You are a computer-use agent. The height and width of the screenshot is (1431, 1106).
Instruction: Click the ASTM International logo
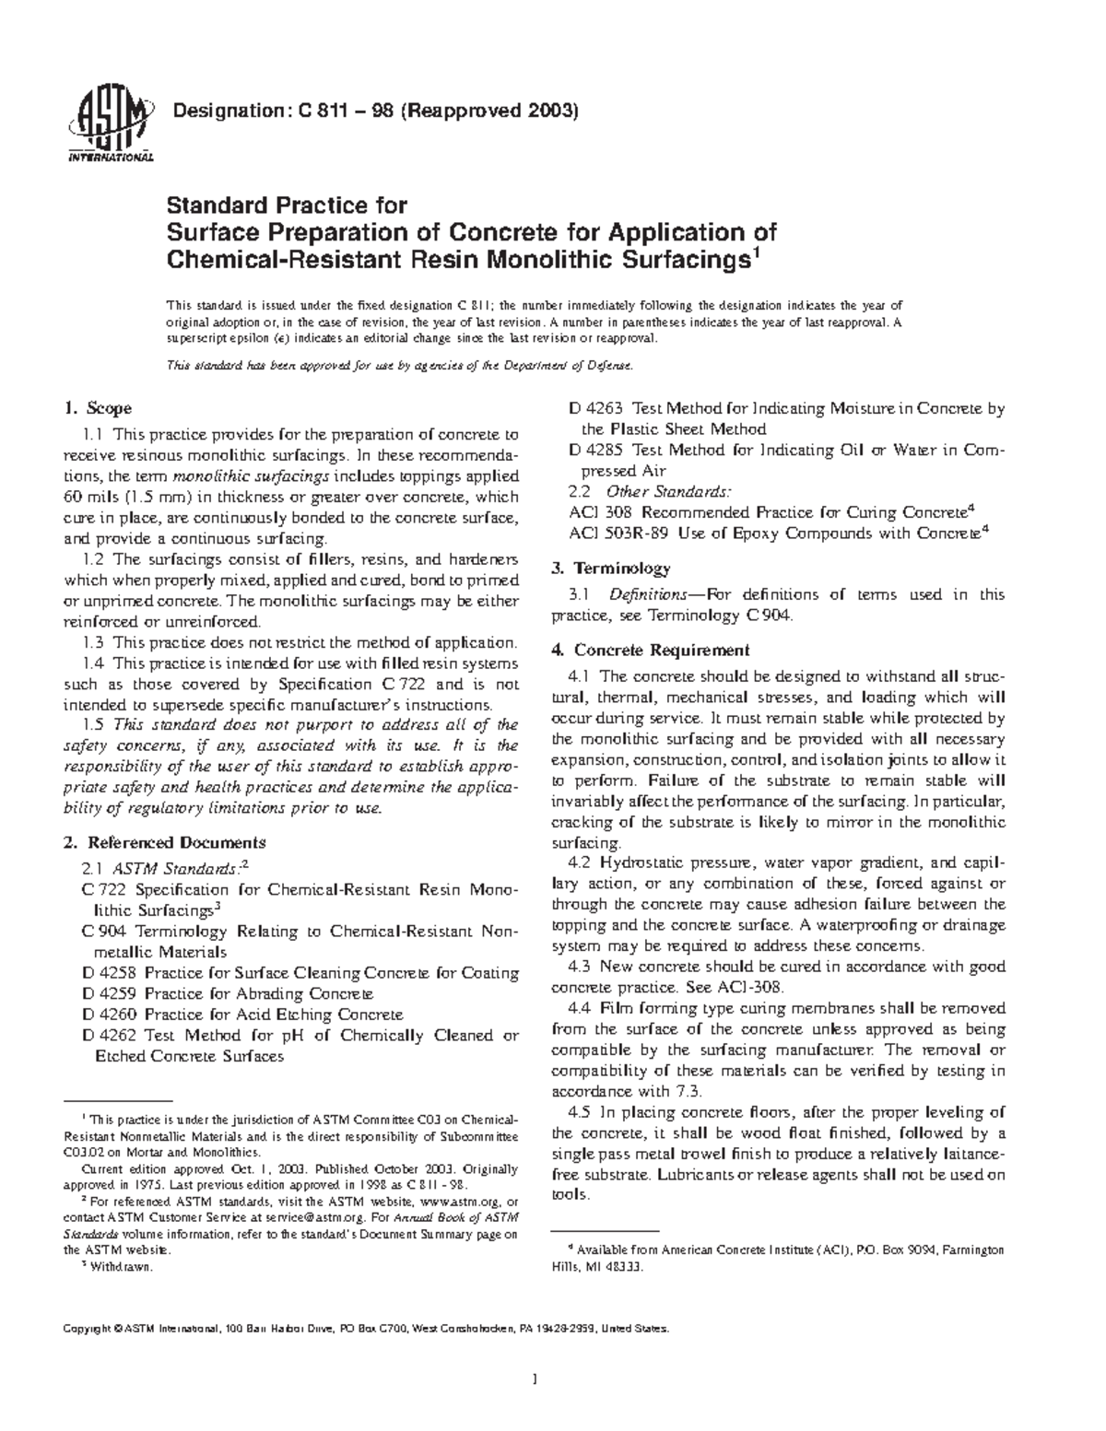point(109,126)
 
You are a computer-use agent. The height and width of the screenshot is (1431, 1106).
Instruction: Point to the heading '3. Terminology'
point(610,568)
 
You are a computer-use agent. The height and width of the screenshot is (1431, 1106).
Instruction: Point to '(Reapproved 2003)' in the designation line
point(500,112)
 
